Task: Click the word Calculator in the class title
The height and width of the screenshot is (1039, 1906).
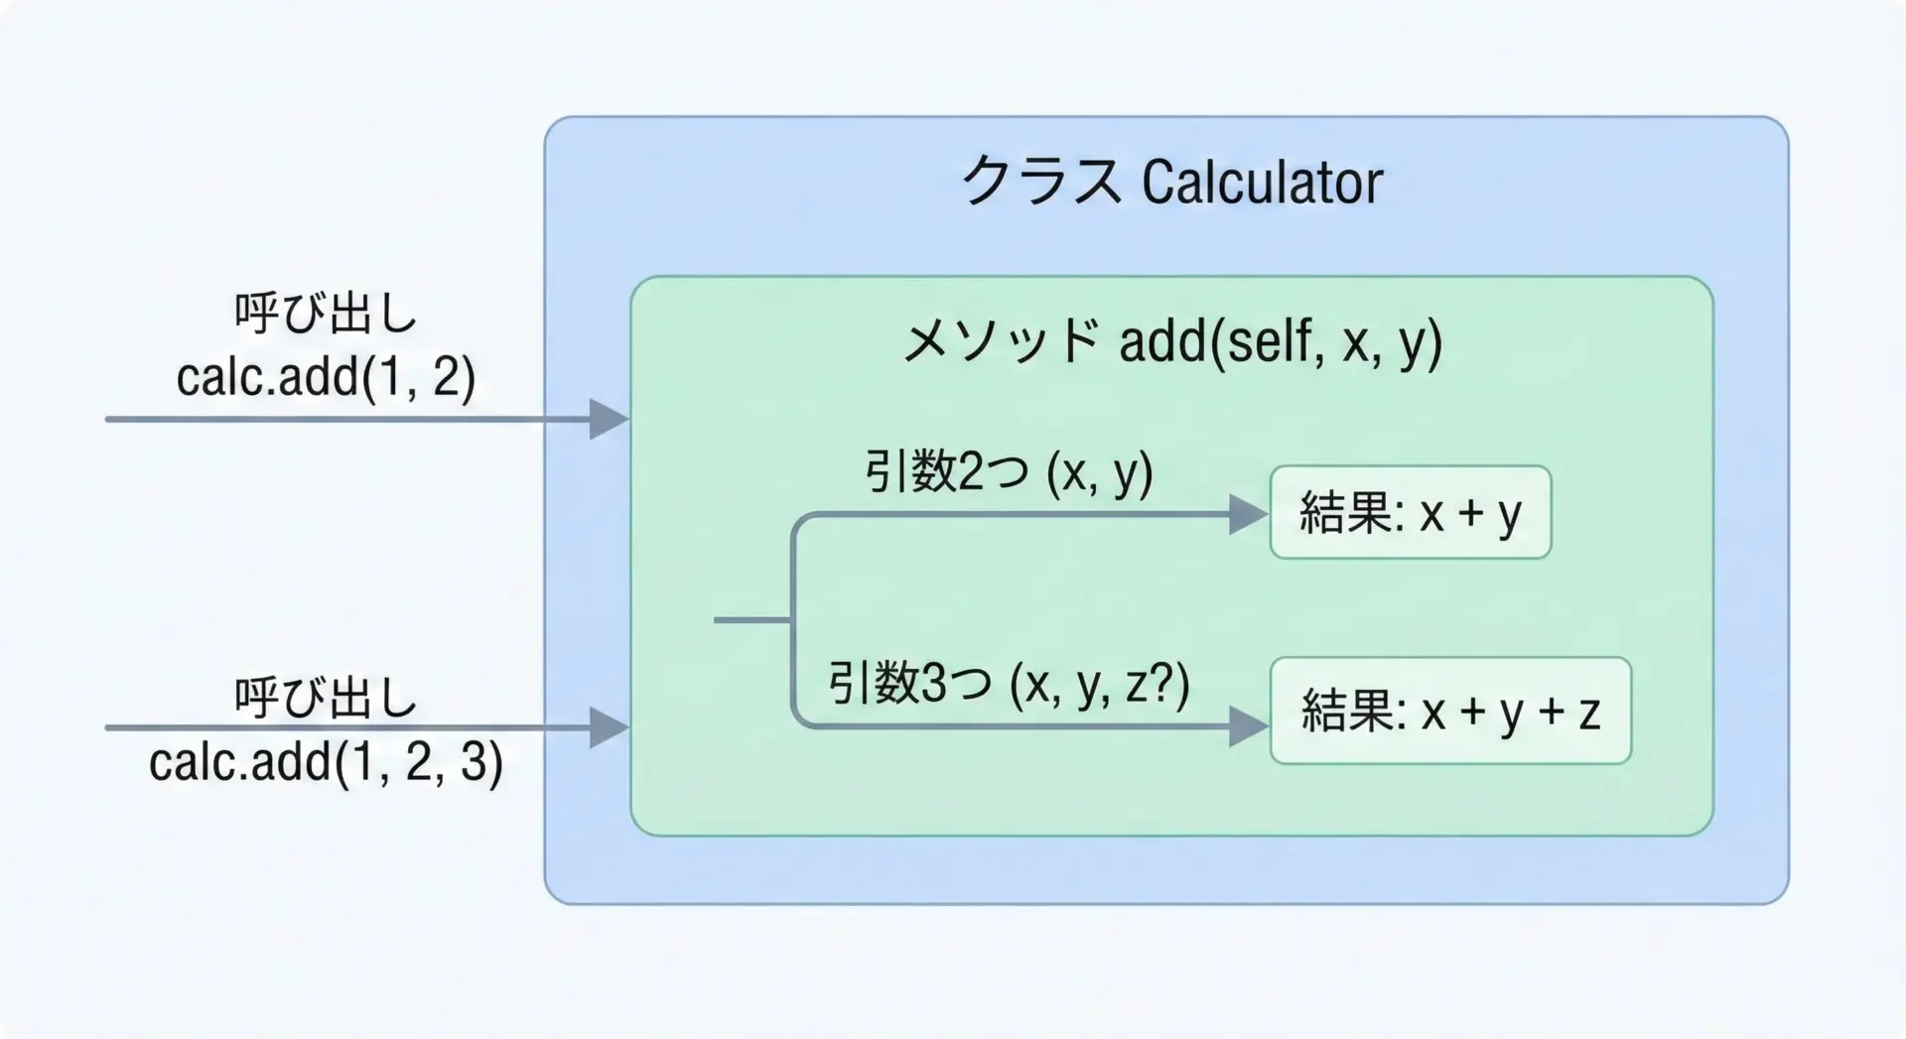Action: coord(1262,182)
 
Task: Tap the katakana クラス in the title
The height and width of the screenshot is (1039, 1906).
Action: coord(1041,182)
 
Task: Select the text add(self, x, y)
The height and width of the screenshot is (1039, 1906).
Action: coord(1281,342)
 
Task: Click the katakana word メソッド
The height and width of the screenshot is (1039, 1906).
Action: coord(1001,341)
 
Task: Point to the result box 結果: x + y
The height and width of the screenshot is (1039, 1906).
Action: coord(1411,512)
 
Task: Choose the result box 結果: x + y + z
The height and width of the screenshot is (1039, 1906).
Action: coord(1450,711)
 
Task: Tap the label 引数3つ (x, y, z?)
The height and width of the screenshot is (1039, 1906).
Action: coord(1010,684)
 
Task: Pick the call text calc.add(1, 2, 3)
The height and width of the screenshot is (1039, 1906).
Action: coord(326,762)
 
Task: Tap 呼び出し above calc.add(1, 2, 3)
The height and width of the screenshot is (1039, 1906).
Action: coord(326,698)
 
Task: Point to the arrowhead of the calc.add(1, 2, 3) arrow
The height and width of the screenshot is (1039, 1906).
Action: coord(610,727)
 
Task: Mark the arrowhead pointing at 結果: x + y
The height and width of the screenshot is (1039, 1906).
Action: coord(1249,514)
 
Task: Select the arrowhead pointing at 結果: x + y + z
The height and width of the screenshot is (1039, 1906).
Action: coord(1249,726)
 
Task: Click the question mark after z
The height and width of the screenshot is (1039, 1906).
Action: coord(1162,683)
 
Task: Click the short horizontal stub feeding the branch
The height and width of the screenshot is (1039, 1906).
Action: coord(752,620)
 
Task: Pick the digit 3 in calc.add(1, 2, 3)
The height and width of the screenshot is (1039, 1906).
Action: coord(474,761)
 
